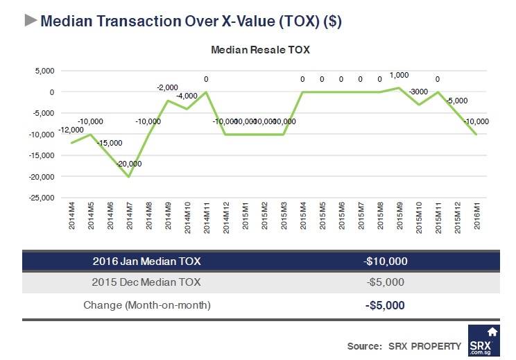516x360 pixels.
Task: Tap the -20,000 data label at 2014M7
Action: (129, 164)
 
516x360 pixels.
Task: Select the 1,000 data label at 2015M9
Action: (399, 76)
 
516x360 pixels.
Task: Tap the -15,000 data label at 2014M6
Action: (110, 143)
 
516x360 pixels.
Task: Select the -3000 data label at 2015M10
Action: (418, 92)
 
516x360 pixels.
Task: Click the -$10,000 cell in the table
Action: (385, 261)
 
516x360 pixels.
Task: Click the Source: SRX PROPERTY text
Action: (404, 345)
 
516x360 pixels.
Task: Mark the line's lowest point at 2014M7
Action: (129, 176)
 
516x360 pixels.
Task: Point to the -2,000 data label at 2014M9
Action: (167, 87)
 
